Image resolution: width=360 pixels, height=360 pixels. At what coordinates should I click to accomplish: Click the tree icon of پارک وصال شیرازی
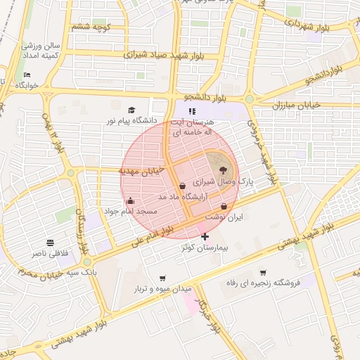(x=224, y=169)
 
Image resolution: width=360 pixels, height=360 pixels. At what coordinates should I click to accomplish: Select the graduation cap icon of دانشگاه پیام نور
(x=131, y=110)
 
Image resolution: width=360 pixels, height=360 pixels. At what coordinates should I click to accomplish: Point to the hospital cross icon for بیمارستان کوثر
(x=205, y=237)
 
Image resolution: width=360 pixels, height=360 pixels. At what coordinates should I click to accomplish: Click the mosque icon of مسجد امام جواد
(x=130, y=201)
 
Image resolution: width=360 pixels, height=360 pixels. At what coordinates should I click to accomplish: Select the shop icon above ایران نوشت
(x=224, y=206)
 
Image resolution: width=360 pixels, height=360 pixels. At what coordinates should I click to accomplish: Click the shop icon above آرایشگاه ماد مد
(x=183, y=186)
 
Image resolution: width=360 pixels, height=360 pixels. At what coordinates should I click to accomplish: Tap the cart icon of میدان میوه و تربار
(x=163, y=278)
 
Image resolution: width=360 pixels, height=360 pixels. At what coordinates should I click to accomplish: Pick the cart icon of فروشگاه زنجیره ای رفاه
(x=263, y=272)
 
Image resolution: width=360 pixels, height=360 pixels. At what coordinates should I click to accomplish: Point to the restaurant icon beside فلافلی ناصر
(x=50, y=242)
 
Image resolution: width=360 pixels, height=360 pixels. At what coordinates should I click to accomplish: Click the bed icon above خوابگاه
(x=27, y=75)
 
